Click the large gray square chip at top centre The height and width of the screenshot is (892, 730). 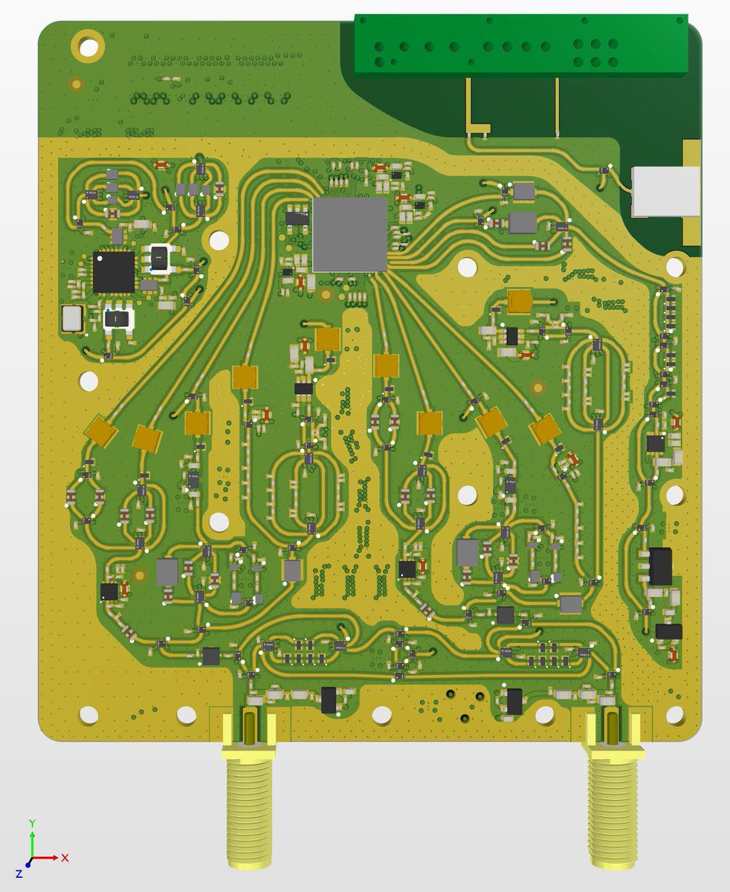350,234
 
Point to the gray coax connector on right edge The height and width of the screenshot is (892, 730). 665,191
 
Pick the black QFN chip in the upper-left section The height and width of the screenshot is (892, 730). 114,272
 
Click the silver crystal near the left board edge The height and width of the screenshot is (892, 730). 72,318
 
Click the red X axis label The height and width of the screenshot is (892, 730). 65,857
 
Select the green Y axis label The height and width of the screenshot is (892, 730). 33,823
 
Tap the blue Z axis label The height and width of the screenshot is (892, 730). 19,874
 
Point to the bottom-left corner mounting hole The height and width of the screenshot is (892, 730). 88,715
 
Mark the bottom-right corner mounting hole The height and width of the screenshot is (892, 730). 674,715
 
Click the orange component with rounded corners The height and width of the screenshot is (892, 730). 520,301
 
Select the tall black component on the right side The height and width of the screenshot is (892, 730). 659,566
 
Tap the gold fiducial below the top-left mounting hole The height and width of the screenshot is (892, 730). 75,84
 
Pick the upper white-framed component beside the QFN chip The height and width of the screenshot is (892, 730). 159,257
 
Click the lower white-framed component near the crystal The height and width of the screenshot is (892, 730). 118,319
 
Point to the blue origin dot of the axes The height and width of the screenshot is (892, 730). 28,864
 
